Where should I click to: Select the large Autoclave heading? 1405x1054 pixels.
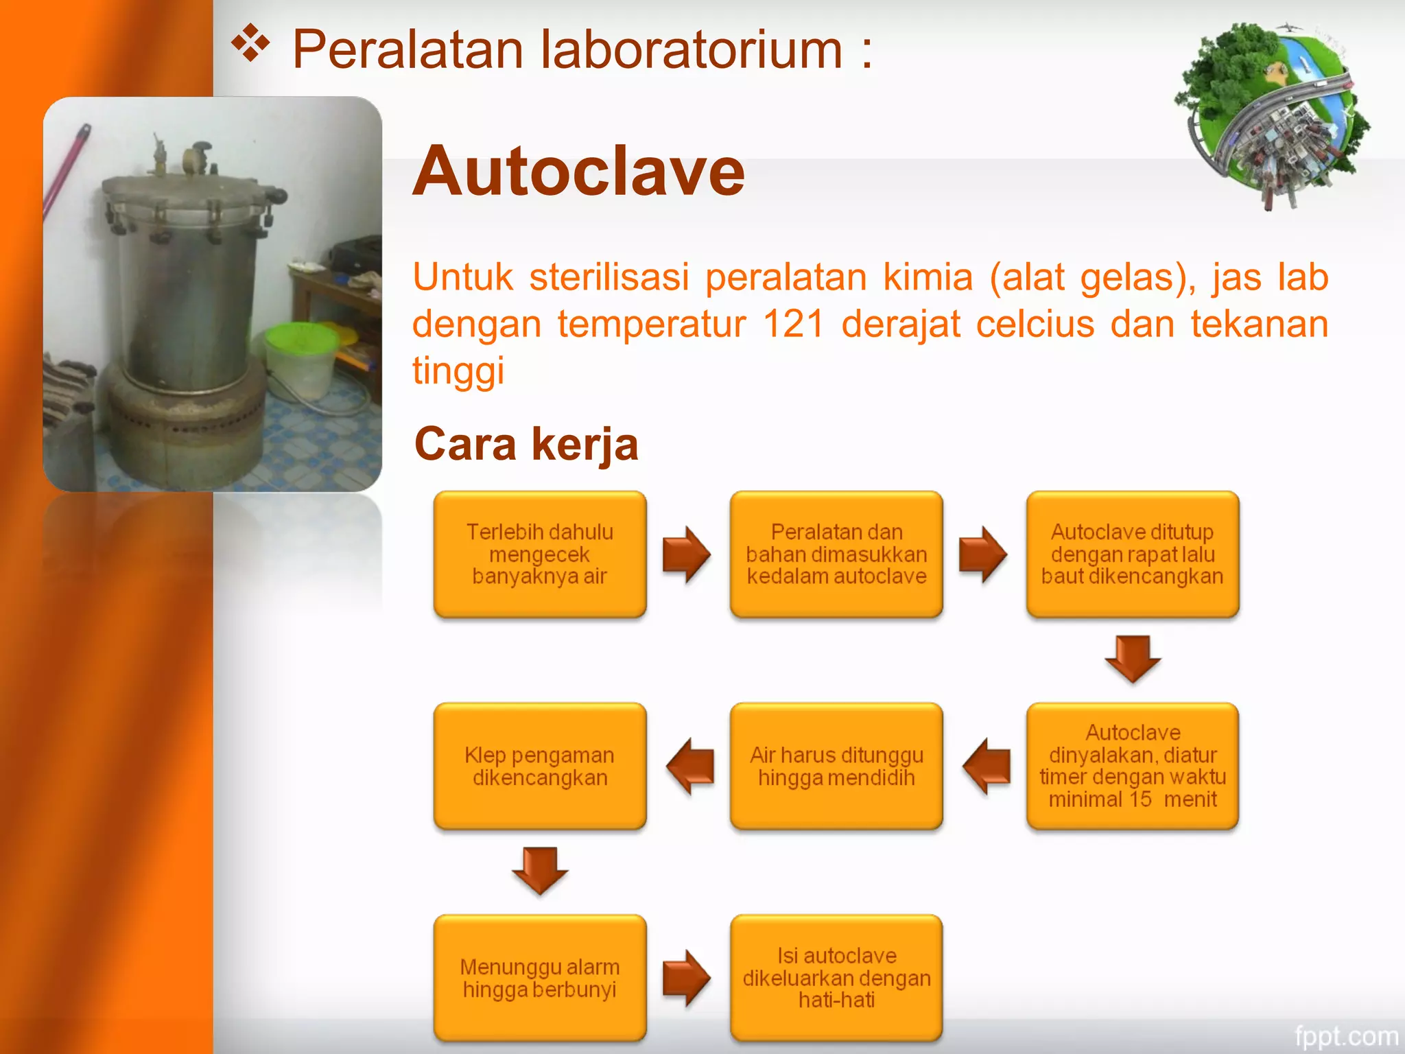[578, 172]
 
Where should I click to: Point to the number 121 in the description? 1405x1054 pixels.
[792, 324]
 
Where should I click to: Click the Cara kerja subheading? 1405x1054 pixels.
[526, 444]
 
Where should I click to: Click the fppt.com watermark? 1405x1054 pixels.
[1345, 1035]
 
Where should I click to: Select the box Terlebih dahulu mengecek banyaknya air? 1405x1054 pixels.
[540, 554]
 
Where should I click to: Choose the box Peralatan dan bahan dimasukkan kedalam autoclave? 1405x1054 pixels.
[836, 554]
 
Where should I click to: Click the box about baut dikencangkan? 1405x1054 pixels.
[1133, 554]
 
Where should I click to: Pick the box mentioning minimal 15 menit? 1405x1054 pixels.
[1133, 766]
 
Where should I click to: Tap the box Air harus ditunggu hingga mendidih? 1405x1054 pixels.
[836, 766]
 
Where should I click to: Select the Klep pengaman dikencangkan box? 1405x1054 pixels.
[540, 766]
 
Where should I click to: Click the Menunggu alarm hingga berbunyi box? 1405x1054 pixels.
[540, 978]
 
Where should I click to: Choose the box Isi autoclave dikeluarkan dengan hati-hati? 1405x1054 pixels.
[836, 978]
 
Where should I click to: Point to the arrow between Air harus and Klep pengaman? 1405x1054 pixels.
[690, 766]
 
